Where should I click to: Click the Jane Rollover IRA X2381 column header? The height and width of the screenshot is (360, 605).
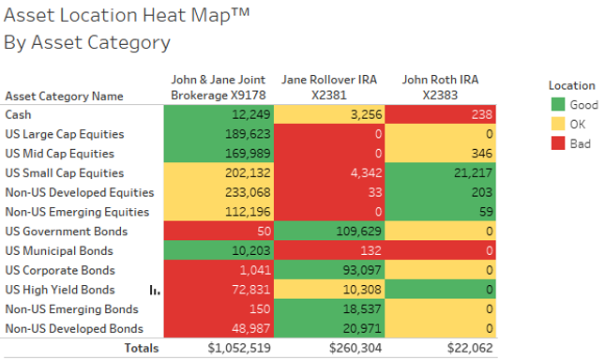click(x=329, y=87)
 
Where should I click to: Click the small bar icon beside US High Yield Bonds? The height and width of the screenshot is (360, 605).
click(x=154, y=291)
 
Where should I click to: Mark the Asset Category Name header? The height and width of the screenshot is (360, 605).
click(x=64, y=95)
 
